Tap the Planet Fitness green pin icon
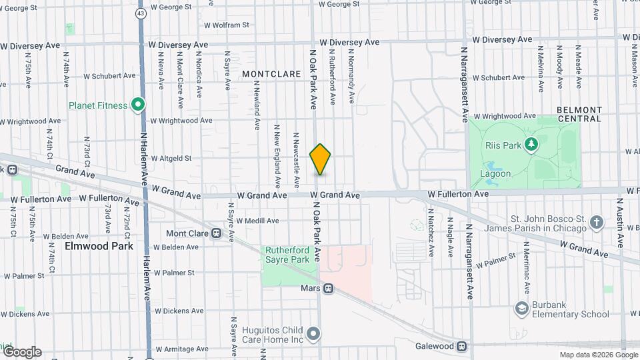(x=138, y=105)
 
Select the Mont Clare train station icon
(x=216, y=233)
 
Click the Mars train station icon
(x=327, y=289)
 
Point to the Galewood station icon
(x=461, y=346)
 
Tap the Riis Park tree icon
(x=531, y=143)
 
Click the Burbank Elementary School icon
(x=521, y=308)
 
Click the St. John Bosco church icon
(x=596, y=221)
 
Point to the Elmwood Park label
(x=99, y=245)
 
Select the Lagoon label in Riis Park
(x=495, y=174)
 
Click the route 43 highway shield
(x=140, y=13)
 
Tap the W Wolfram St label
(x=226, y=25)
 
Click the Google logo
(x=22, y=351)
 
